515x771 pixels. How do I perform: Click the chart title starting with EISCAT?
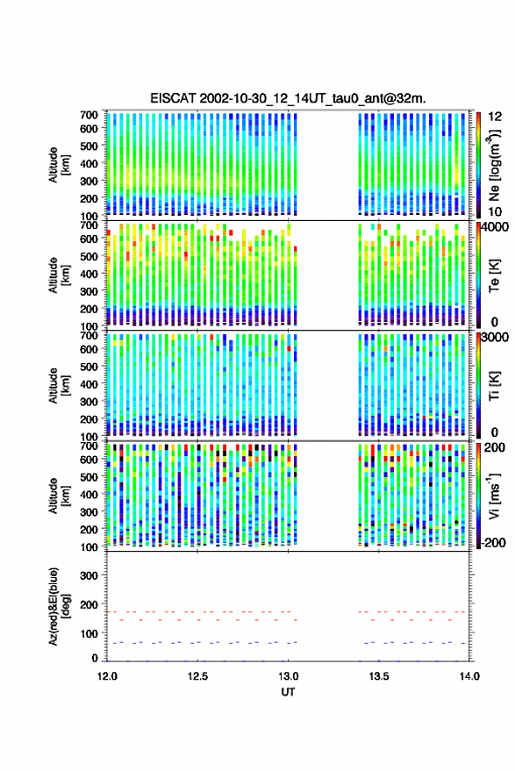288,98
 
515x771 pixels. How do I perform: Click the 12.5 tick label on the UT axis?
197,676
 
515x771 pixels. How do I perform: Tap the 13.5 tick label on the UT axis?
379,676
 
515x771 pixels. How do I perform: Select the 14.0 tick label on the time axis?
469,676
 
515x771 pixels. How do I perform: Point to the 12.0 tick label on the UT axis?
107,676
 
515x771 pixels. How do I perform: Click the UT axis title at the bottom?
288,692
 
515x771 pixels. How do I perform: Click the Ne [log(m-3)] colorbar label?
494,165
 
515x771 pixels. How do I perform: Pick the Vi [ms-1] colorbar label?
494,496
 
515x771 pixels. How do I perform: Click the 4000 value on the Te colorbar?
496,227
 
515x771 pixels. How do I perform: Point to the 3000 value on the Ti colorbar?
496,338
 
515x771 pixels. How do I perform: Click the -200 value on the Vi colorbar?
493,543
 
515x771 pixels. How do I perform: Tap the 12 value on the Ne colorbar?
495,117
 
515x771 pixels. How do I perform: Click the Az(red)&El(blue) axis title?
59,606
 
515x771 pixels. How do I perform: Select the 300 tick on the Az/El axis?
89,575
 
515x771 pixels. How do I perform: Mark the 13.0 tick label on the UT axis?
289,676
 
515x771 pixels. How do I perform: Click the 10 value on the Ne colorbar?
495,212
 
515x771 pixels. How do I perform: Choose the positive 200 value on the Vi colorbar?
494,447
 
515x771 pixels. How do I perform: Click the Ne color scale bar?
478,165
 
